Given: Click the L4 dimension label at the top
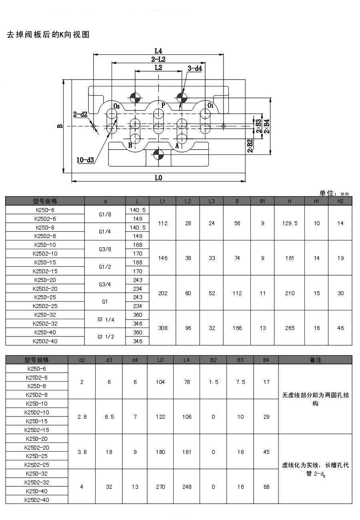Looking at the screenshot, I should (158, 51).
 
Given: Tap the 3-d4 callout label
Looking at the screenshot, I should (195, 68).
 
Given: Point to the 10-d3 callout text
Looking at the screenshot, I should (85, 160).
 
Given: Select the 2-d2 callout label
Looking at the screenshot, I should (80, 114).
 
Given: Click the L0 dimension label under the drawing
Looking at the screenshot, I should (158, 178).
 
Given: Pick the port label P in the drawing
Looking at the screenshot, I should (163, 106).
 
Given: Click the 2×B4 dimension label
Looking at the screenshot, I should (266, 126).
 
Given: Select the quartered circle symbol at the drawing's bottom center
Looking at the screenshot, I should (158, 154).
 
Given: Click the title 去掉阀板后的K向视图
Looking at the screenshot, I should (48, 35).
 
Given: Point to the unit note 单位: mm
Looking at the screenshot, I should (334, 193).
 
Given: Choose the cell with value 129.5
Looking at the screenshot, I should (290, 223).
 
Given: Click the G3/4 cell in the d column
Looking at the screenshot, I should (105, 284).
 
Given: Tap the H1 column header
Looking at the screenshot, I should (316, 201).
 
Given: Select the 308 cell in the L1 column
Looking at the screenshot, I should (163, 328).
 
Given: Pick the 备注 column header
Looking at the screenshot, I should (315, 360).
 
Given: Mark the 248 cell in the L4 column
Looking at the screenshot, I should (186, 487).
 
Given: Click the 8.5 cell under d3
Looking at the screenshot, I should (109, 417).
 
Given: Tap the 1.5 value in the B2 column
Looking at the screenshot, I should (214, 382).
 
